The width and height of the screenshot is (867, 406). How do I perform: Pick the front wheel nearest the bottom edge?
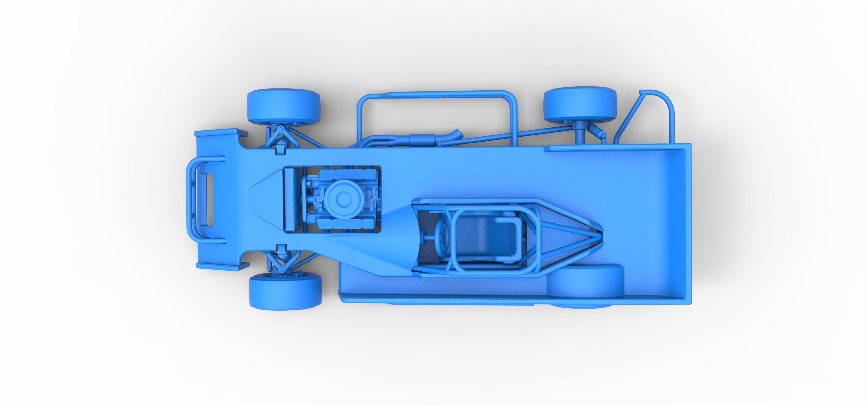point(285,291)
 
